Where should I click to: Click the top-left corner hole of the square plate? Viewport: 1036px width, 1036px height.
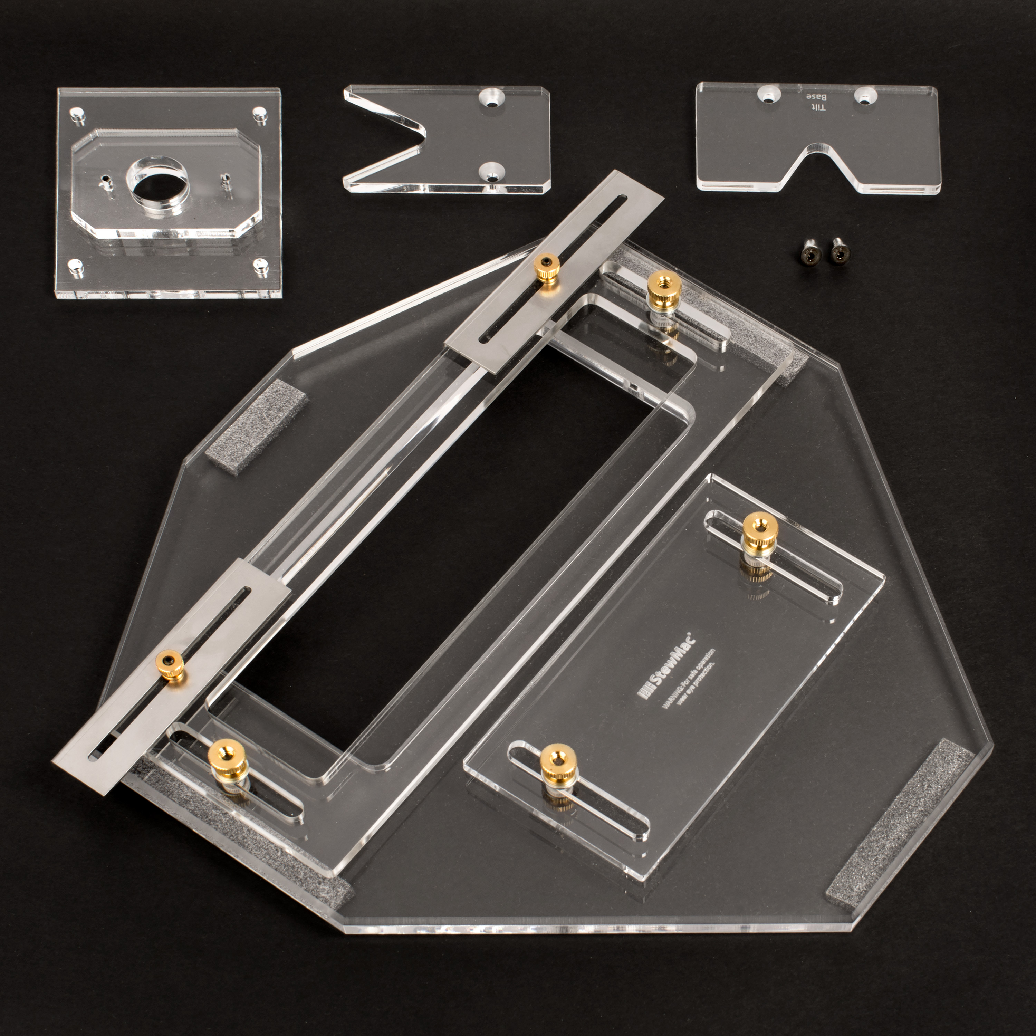[77, 113]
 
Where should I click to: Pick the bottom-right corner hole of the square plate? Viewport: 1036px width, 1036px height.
[260, 265]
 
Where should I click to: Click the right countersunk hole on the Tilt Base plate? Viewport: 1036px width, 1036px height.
[863, 97]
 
